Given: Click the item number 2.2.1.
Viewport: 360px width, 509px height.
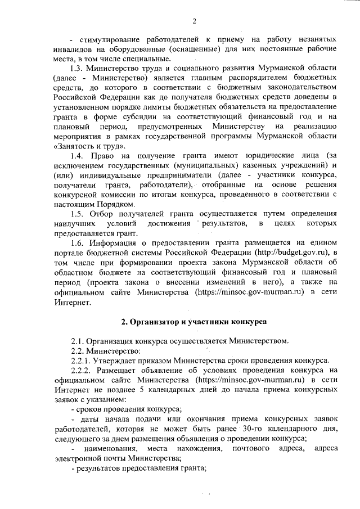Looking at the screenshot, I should [82, 360].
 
